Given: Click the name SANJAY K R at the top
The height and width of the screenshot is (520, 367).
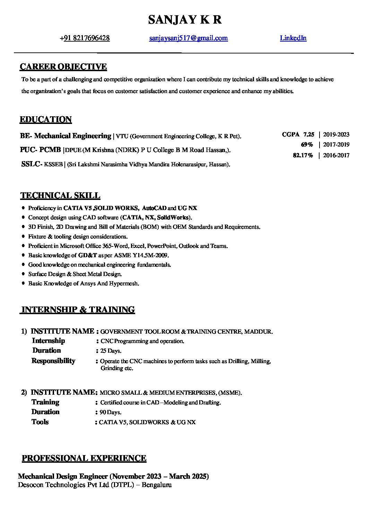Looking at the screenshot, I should (185, 20).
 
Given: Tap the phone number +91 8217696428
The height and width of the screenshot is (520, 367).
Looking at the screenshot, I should (85, 38).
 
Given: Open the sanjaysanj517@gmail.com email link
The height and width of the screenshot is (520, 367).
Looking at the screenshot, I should (188, 38).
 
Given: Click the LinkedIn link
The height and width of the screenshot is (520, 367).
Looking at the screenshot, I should (293, 38).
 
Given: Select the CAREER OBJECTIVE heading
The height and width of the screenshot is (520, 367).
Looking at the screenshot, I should (63, 67).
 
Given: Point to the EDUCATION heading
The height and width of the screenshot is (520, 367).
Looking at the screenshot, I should (46, 120).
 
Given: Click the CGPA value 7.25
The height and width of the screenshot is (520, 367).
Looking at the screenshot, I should (308, 135).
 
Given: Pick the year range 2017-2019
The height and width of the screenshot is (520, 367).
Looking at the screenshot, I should (336, 145).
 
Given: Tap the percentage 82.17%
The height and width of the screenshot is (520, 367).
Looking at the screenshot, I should (303, 155).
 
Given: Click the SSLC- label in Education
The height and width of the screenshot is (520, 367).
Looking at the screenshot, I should (32, 164).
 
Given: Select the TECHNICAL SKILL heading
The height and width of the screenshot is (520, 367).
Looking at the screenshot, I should (60, 195).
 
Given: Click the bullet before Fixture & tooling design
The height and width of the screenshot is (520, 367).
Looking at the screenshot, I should (23, 236).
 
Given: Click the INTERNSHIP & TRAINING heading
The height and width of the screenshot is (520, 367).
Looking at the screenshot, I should (78, 310).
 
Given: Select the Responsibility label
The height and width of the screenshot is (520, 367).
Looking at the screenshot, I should (53, 361).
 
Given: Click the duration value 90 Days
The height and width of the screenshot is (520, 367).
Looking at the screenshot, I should (110, 412).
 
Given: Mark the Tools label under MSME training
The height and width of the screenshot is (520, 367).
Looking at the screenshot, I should (40, 422).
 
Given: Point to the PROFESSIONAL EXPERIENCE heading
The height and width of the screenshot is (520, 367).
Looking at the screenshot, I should (84, 458).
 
